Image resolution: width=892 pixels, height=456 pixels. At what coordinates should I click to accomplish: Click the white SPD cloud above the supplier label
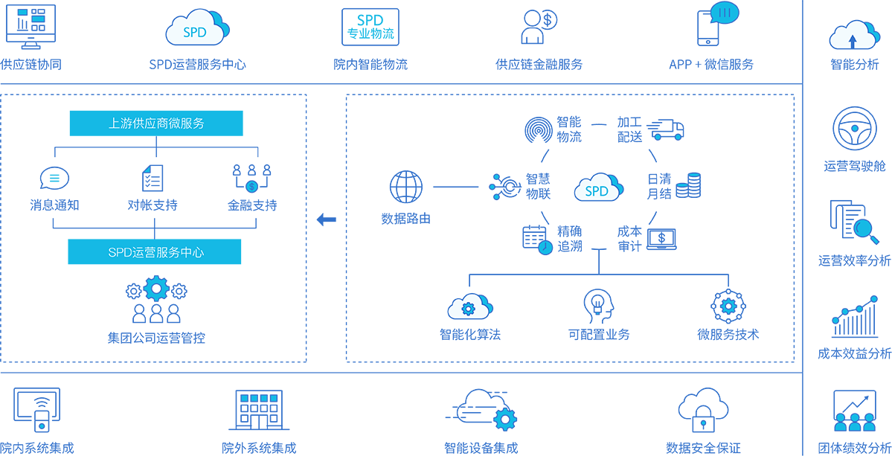point(195,29)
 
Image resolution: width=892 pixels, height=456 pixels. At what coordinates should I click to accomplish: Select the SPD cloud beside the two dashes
point(597,189)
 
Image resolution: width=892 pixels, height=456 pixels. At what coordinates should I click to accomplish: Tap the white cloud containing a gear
point(468,306)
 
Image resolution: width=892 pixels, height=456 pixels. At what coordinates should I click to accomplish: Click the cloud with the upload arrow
point(853,36)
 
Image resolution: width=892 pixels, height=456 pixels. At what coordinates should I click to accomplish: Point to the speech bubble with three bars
point(725,13)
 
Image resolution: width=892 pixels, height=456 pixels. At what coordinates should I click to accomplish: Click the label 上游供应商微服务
point(156,123)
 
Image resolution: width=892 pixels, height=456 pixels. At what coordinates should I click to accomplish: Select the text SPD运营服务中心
point(156,253)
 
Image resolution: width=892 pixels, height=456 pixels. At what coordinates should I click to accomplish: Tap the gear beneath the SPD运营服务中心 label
point(156,289)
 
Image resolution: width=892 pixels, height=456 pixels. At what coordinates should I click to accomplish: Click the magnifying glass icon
point(863,228)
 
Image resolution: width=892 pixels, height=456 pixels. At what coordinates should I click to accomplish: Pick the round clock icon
point(545,248)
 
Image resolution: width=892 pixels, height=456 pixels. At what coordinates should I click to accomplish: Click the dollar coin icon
point(251,187)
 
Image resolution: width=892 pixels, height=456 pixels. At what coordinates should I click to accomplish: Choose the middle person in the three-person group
point(855,423)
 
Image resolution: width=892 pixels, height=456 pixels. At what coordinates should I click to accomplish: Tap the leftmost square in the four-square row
point(244,399)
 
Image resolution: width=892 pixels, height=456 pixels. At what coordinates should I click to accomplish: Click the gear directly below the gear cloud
point(505,420)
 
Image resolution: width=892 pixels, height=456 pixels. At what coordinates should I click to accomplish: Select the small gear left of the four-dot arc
point(728,306)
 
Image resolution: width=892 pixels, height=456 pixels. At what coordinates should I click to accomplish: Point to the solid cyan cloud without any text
point(370,28)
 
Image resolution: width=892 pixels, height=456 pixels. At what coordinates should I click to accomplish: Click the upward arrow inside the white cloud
point(853,40)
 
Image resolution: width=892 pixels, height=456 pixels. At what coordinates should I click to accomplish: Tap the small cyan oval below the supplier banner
point(54,178)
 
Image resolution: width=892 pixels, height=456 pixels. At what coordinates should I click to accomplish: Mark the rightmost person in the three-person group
point(869,423)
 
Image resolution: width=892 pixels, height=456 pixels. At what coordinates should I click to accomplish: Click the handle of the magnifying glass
point(875,240)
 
